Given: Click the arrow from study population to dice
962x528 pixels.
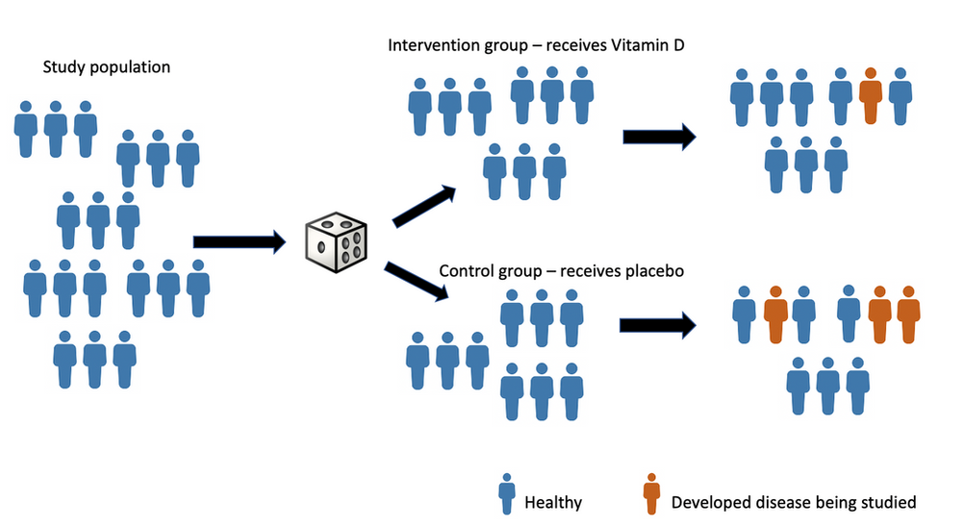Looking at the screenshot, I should tap(240, 242).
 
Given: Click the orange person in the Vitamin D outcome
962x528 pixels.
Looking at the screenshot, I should tap(871, 95).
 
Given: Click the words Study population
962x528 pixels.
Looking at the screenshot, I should tap(107, 67).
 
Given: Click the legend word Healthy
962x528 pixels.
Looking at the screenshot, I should tap(553, 501).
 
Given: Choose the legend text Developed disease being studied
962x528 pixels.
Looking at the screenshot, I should tap(794, 501).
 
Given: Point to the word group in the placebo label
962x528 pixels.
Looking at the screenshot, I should tap(524, 270).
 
